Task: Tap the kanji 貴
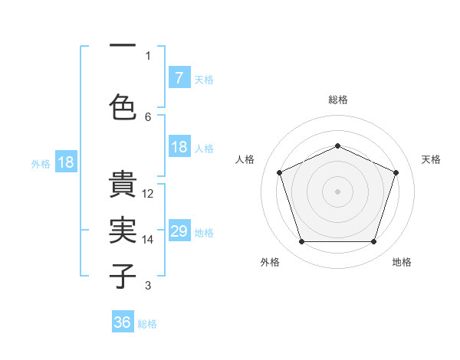(x=123, y=187)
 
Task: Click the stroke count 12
(x=149, y=194)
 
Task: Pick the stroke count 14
(x=149, y=239)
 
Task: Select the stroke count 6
(x=148, y=116)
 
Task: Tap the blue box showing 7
(x=179, y=78)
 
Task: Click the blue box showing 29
(x=179, y=232)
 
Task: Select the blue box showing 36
(x=123, y=322)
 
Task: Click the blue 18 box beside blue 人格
(x=179, y=147)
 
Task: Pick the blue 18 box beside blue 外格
(x=65, y=162)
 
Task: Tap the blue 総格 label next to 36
(x=147, y=324)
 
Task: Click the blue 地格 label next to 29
(x=204, y=233)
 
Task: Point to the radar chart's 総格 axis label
(x=337, y=100)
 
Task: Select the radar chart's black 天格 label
(x=431, y=159)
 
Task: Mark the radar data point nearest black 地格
(x=373, y=242)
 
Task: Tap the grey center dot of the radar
(x=337, y=191)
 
